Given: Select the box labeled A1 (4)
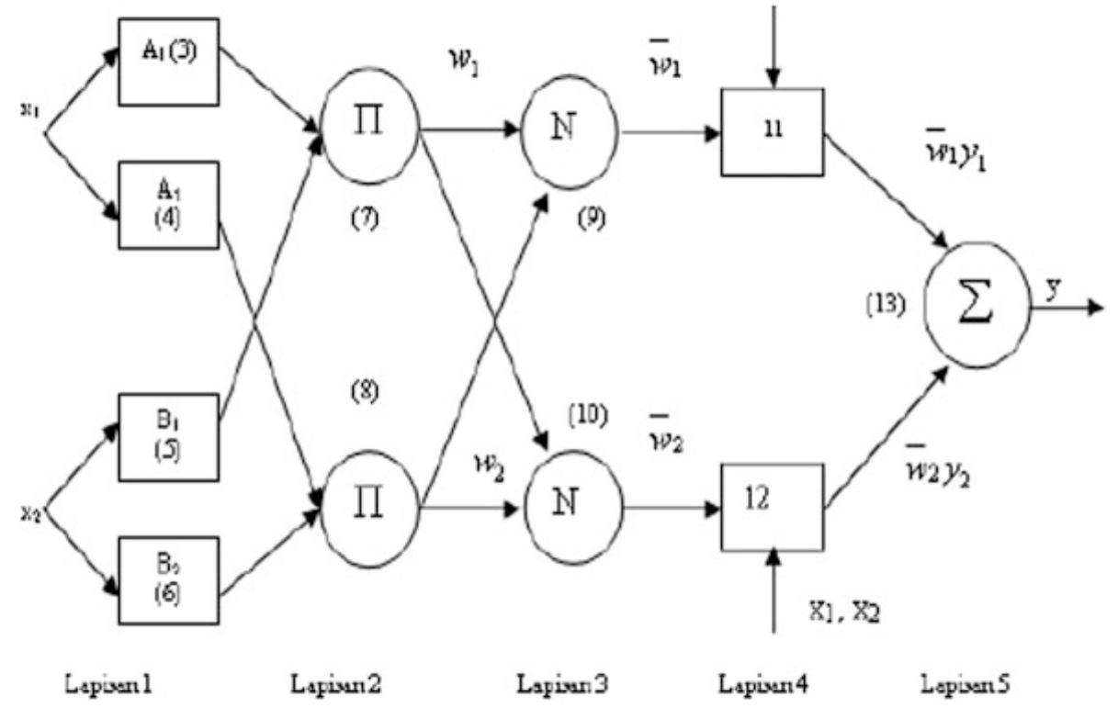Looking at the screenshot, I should coord(171,204).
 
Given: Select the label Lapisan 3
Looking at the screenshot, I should coord(559,684).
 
